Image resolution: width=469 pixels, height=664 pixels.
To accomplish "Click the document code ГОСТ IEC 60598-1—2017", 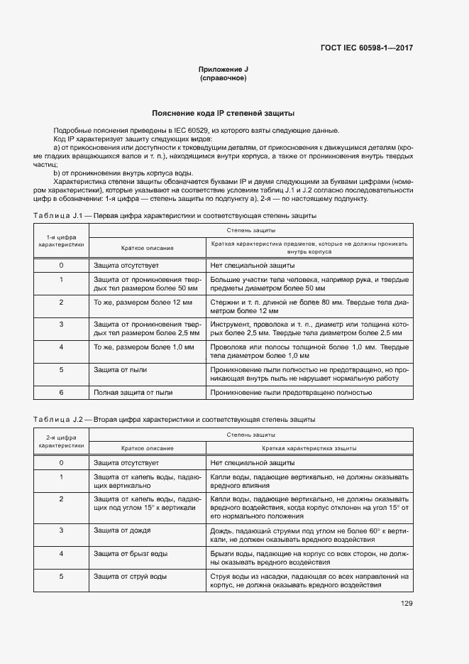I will coord(367,48).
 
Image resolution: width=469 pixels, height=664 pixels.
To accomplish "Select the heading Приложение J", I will coord(223,69).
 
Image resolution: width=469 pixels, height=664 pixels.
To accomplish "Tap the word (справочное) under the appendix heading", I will coord(223,77).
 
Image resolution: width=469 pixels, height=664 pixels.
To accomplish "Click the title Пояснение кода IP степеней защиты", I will coord(224,113).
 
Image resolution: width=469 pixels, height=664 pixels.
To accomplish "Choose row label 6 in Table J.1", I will coord(61,392).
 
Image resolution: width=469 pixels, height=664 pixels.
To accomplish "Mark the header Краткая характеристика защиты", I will coord(309,449).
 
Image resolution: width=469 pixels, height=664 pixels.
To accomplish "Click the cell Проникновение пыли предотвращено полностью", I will coord(291,392).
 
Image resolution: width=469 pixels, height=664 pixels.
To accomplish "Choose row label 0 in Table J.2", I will coord(61,462).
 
